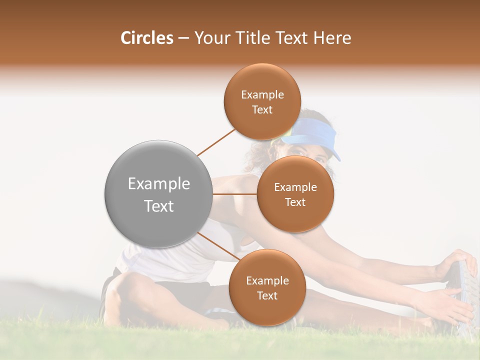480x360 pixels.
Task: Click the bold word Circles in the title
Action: point(147,38)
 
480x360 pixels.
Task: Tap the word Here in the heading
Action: point(333,38)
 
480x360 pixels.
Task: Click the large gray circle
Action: point(159,194)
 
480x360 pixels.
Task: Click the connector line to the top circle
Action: point(216,141)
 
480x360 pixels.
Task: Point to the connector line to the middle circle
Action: point(235,193)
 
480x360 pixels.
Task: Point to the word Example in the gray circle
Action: point(159,184)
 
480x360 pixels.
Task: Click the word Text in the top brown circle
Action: point(262,109)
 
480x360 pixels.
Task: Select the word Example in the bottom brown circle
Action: point(267,281)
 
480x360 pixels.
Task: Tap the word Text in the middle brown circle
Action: point(295,202)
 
